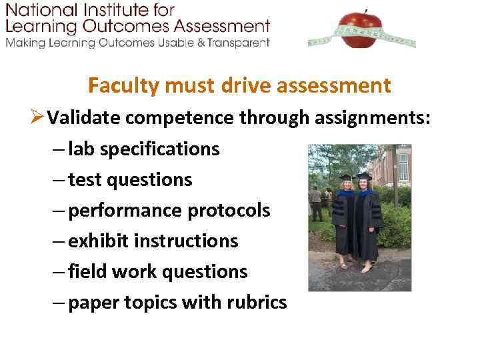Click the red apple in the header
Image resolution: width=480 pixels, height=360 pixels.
click(x=361, y=29)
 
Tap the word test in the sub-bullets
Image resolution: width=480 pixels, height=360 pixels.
click(x=85, y=179)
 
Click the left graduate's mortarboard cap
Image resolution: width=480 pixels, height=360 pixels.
click(x=345, y=178)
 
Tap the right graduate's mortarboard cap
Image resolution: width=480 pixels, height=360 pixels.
click(x=364, y=176)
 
